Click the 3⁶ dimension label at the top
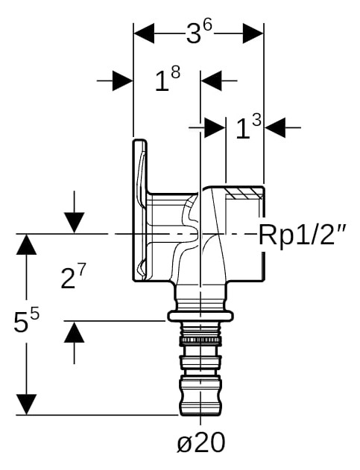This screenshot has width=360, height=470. coord(199,32)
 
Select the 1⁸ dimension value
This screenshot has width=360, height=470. coord(168,79)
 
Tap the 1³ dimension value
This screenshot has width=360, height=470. coord(248,127)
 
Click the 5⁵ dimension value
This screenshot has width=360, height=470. coord(26,320)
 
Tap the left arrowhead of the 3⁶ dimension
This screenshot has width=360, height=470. coord(144,33)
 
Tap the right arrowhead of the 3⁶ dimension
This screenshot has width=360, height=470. coord(253,33)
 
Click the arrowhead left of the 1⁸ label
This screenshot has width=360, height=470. coord(123,80)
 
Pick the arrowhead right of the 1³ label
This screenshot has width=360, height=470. coord(275,127)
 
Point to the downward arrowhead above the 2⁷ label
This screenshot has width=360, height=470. coord(74,223)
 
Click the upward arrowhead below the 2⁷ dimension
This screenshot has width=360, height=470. coord(74,331)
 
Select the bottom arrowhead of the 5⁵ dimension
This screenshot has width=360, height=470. coord(26,404)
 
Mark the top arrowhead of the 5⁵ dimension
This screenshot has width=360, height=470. coord(26,244)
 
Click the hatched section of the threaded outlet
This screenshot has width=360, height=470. coord(244,194)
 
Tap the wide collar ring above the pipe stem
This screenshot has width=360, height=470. coord(200,316)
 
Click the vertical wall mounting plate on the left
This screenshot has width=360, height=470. coord(140,210)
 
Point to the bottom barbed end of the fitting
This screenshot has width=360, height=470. coord(200,396)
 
